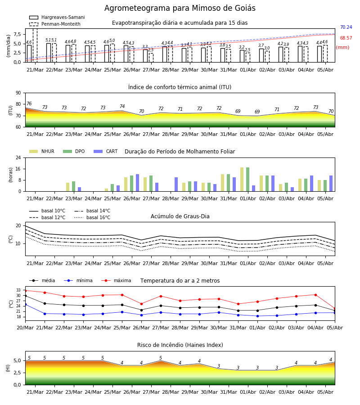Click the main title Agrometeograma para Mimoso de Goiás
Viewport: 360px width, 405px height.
pyautogui.click(x=180, y=8)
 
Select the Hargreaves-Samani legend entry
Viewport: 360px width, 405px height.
pyautogui.click(x=57, y=17)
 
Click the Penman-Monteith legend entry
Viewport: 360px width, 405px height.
pyautogui.click(x=55, y=24)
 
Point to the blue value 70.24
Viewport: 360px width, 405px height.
pyautogui.click(x=346, y=27)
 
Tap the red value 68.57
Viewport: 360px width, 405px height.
pyautogui.click(x=346, y=38)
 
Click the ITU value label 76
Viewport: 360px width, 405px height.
pyautogui.click(x=29, y=103)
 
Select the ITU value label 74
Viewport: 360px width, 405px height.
pyautogui.click(x=122, y=106)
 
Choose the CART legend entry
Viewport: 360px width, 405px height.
pyautogui.click(x=106, y=151)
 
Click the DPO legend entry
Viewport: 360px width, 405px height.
pyautogui.click(x=74, y=151)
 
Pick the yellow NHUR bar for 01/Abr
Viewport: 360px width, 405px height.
pyautogui.click(x=242, y=180)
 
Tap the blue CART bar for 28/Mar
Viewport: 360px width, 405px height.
pyautogui.click(x=176, y=184)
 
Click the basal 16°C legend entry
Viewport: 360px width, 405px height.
pyautogui.click(x=92, y=217)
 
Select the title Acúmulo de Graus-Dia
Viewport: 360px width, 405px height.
pyautogui.click(x=180, y=216)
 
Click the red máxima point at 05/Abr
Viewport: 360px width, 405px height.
pyautogui.click(x=335, y=309)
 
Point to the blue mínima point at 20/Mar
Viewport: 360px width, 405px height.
pyautogui.click(x=25, y=305)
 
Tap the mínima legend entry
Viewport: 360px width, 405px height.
pyautogui.click(x=78, y=280)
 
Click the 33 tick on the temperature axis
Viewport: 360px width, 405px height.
pyautogui.click(x=18, y=290)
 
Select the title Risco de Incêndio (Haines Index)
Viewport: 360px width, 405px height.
pyautogui.click(x=180, y=345)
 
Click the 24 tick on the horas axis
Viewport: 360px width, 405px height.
pyautogui.click(x=18, y=158)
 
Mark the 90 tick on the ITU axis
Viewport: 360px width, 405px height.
pyautogui.click(x=18, y=93)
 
